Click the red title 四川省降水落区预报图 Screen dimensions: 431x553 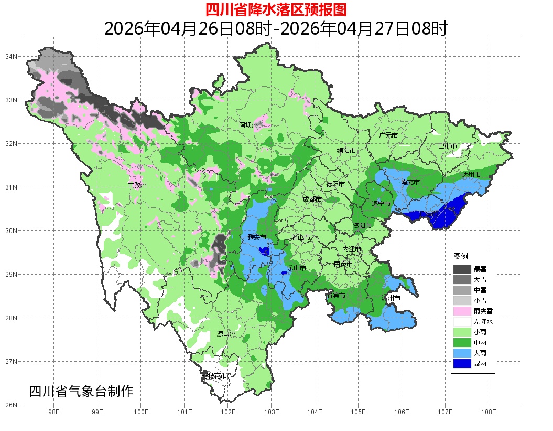(x=276, y=9)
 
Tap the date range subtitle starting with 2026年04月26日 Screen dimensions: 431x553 (x=276, y=28)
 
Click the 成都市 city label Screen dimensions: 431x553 (x=313, y=199)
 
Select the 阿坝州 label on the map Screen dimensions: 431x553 (x=248, y=125)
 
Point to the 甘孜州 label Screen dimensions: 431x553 (x=137, y=185)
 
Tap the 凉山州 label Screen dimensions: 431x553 (x=226, y=334)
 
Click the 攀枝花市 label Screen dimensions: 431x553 (x=215, y=376)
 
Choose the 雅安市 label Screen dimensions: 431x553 (x=257, y=237)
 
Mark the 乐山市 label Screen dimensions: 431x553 (x=296, y=268)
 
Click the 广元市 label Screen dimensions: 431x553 (x=388, y=135)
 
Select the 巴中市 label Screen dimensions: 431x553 (x=448, y=145)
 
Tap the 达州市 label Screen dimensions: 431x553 (x=471, y=174)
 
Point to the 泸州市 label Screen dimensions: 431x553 (x=391, y=298)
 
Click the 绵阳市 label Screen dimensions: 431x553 (x=346, y=151)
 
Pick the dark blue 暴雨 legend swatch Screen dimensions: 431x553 (x=462, y=363)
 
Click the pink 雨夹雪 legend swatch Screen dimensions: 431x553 (x=462, y=311)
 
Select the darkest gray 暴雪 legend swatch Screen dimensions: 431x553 (x=462, y=269)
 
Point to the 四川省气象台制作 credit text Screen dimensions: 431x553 (x=81, y=392)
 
